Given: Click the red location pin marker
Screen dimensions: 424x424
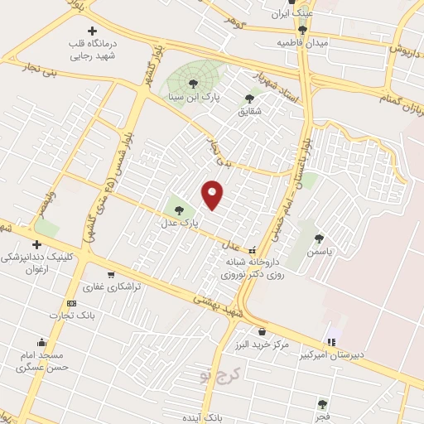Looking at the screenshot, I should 213,194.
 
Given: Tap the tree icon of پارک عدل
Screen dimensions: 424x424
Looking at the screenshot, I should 181,209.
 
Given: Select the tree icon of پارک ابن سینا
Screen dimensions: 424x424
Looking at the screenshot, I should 194,83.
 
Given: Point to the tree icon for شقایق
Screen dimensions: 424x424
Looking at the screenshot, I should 249,99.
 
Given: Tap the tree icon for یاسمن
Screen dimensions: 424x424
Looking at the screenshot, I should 319,238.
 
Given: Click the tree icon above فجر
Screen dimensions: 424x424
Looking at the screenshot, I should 322,403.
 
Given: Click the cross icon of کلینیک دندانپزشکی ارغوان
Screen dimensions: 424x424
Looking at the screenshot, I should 36,244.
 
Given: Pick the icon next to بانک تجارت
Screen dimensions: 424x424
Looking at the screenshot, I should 71,303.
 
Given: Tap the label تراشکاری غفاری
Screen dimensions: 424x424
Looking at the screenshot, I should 116,286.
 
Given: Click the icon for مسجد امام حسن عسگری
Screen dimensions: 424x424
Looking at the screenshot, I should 41,343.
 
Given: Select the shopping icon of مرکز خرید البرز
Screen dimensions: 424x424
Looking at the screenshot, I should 262,331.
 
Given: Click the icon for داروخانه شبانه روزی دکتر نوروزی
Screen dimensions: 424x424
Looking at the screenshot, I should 253,250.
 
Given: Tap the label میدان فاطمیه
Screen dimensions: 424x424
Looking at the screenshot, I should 302,41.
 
